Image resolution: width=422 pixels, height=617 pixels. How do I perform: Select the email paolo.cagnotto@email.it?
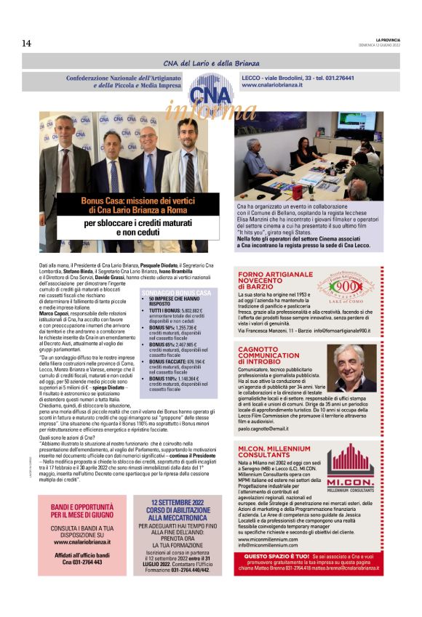pyautogui.click(x=263, y=448)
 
